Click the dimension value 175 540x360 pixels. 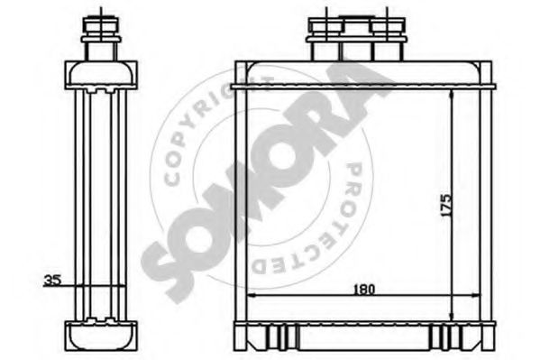pyautogui.click(x=446, y=205)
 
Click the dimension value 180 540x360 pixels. pyautogui.click(x=364, y=289)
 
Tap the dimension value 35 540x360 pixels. pyautogui.click(x=52, y=281)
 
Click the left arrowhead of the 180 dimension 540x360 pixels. pyautogui.click(x=252, y=295)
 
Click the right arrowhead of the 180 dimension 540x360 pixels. pyautogui.click(x=475, y=295)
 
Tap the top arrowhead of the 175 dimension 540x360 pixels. pyautogui.click(x=452, y=94)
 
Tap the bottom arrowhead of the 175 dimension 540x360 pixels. pyautogui.click(x=452, y=317)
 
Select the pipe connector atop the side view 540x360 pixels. pyautogui.click(x=101, y=38)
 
